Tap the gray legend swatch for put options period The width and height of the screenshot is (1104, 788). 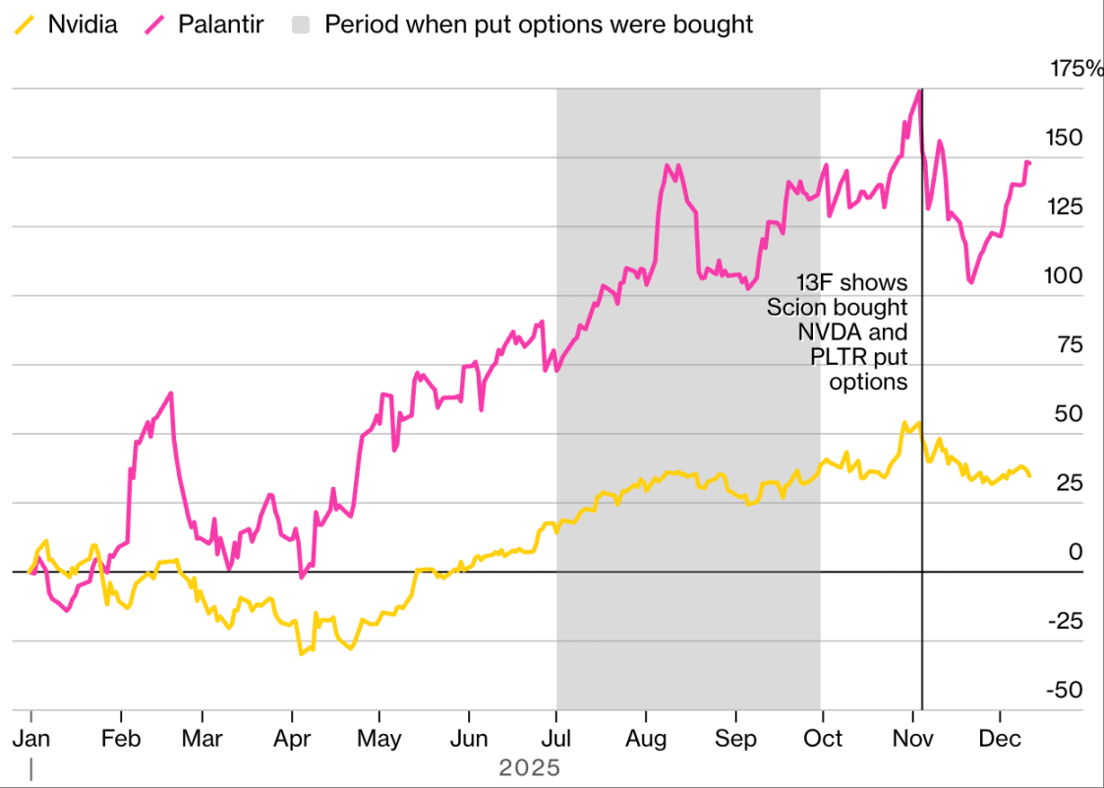pyautogui.click(x=303, y=25)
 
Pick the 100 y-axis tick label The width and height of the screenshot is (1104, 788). pyautogui.click(x=1062, y=275)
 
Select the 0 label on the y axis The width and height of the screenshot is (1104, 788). pyautogui.click(x=1075, y=552)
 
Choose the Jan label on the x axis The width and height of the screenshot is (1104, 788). pyautogui.click(x=31, y=738)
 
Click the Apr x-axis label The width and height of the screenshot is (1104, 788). pyautogui.click(x=292, y=738)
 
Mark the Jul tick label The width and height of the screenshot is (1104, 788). pyautogui.click(x=556, y=738)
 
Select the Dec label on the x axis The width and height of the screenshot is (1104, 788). pyautogui.click(x=999, y=738)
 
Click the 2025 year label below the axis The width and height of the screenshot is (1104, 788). pyautogui.click(x=529, y=767)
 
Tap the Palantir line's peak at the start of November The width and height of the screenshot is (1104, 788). pyautogui.click(x=919, y=91)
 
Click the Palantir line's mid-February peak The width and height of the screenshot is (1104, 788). pyautogui.click(x=171, y=394)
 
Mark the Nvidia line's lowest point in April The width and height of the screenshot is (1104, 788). pyautogui.click(x=301, y=654)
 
